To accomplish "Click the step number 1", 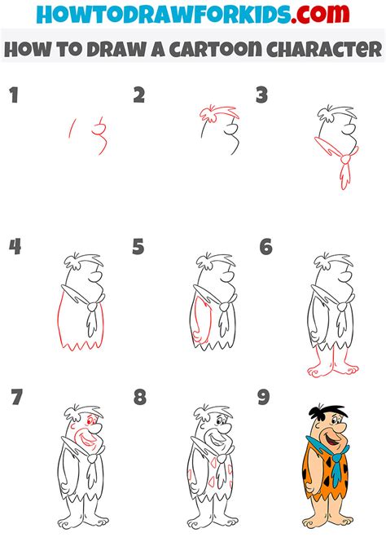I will point(12,96).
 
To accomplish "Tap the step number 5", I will point(138,247).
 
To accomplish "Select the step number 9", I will point(263,398).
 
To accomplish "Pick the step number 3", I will point(262,96).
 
